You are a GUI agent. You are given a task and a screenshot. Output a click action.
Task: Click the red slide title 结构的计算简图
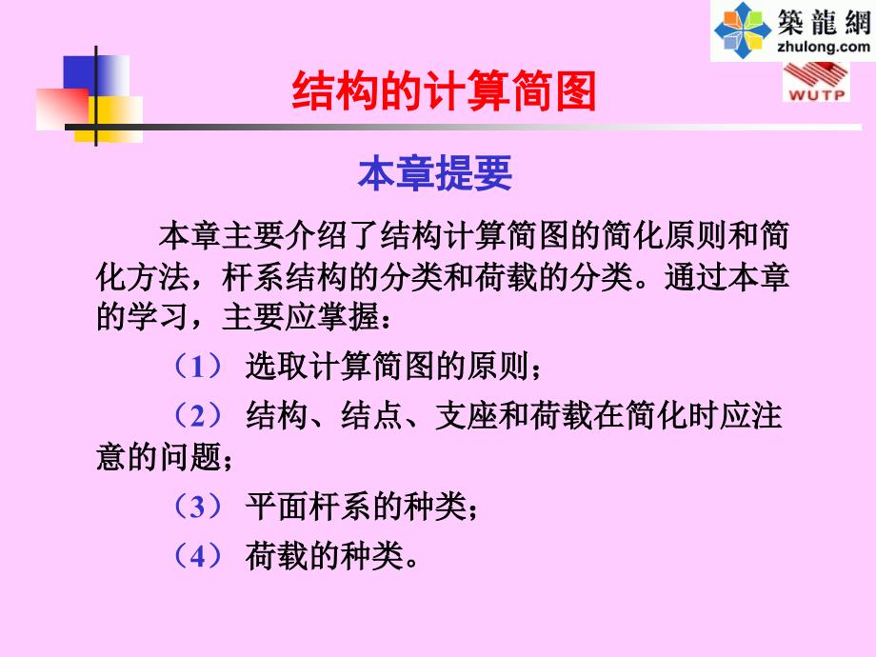tap(444, 90)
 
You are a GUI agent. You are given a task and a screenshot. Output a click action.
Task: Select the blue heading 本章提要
tap(435, 173)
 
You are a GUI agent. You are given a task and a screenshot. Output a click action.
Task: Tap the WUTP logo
tap(816, 82)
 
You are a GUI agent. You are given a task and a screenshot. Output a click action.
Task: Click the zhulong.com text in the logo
tap(824, 46)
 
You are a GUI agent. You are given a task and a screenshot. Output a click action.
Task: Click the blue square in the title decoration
tap(95, 76)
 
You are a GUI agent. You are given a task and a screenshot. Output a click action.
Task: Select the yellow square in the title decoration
tap(109, 119)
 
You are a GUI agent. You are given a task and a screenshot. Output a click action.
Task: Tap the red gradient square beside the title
tap(63, 109)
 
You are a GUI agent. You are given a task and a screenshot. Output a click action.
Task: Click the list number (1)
tap(198, 367)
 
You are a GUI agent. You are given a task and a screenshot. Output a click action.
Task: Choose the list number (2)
tap(198, 416)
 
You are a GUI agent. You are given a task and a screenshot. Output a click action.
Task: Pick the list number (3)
tap(198, 508)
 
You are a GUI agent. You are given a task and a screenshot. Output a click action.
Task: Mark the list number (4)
tap(198, 556)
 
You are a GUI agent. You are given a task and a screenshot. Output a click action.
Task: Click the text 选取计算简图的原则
tap(387, 367)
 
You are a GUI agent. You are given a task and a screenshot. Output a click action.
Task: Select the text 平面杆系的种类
tap(355, 507)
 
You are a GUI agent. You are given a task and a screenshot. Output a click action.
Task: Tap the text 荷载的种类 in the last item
tap(324, 556)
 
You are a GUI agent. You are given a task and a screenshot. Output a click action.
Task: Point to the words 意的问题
tap(159, 456)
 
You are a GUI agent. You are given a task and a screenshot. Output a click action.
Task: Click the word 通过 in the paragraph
tap(695, 276)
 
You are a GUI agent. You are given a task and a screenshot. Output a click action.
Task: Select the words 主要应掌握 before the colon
tap(301, 317)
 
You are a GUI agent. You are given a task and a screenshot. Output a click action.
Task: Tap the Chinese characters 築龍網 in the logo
tap(824, 21)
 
